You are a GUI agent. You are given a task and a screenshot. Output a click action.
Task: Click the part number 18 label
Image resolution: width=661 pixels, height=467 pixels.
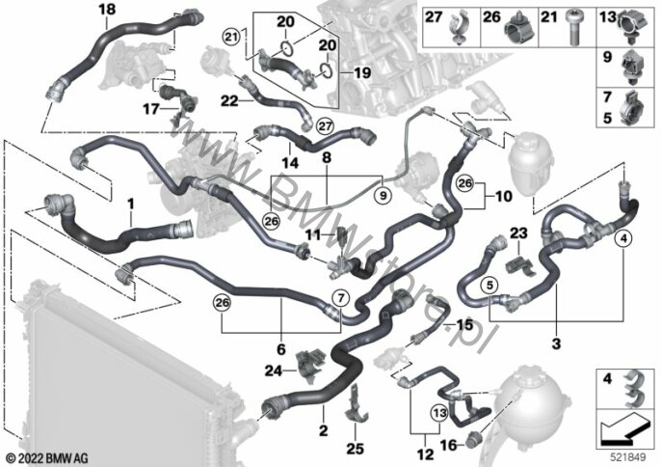(106, 10)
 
